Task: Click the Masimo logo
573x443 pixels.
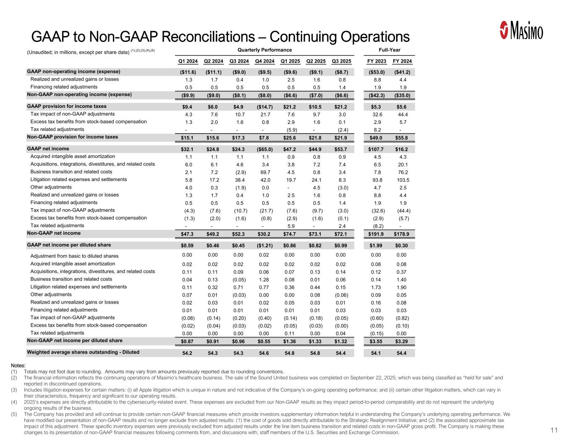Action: pos(522,30)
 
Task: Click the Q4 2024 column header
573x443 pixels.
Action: pos(264,61)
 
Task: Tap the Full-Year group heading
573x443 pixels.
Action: pos(389,50)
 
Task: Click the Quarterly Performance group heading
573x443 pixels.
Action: pos(259,50)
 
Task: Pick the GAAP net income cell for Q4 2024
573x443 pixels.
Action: pos(264,149)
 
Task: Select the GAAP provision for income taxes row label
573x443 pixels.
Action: pos(67,106)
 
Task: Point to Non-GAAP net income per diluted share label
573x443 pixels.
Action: pos(75,341)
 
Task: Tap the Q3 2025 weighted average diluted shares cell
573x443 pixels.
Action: pos(341,353)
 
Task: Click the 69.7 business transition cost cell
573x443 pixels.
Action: pos(264,172)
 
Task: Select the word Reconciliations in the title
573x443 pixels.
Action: pos(186,37)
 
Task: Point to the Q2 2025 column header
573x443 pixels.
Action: pos(316,61)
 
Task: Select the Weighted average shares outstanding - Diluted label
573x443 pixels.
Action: pos(83,352)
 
